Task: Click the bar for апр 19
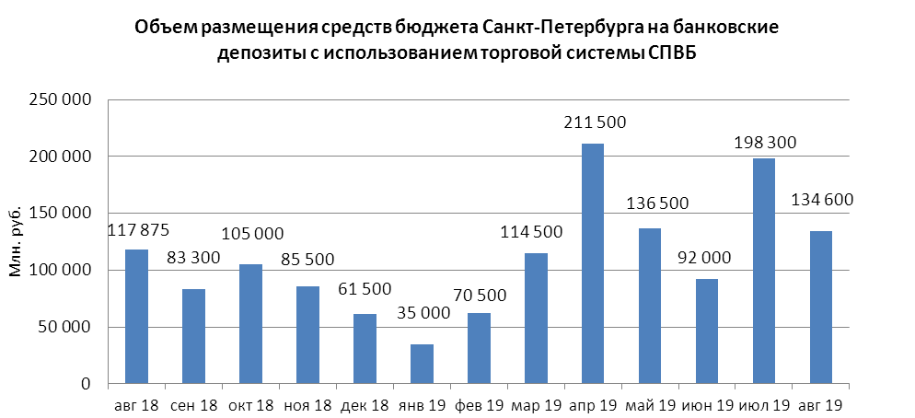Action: pyautogui.click(x=593, y=263)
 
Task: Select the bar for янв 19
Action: pyautogui.click(x=422, y=364)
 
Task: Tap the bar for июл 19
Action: pyautogui.click(x=764, y=271)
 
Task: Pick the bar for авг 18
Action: pyautogui.click(x=136, y=317)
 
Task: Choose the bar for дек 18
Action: pyautogui.click(x=365, y=349)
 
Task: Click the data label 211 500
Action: pyautogui.click(x=593, y=122)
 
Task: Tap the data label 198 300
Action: pyautogui.click(x=765, y=143)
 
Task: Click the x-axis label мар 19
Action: pyautogui.click(x=536, y=406)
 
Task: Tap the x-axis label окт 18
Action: pyautogui.click(x=250, y=406)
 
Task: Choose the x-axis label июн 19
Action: pyautogui.click(x=707, y=406)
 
